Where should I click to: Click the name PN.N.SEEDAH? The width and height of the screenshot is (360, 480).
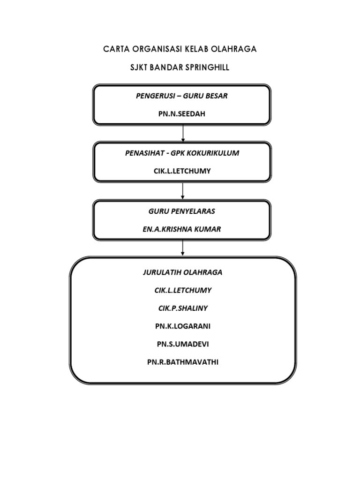tap(181, 113)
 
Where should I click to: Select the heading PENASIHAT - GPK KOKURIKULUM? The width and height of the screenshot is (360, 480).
tap(182, 153)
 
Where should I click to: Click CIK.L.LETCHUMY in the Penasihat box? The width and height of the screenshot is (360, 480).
tap(182, 171)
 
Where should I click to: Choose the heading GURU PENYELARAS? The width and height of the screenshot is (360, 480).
tap(182, 211)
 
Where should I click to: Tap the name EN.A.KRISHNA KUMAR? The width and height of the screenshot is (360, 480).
tap(182, 229)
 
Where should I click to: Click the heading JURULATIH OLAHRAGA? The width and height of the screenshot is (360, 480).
tap(182, 272)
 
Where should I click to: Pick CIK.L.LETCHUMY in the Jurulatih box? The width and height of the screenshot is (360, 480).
tap(182, 290)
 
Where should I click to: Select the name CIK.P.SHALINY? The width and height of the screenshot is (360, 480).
tap(182, 308)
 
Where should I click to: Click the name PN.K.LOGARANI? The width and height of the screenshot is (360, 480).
tap(182, 326)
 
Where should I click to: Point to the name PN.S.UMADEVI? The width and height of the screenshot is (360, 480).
tap(182, 344)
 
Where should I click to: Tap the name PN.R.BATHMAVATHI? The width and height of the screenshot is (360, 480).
tap(182, 362)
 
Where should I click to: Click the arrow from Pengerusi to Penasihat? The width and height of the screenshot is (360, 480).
tap(183, 134)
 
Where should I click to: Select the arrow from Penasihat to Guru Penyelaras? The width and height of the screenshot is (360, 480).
tap(182, 190)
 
